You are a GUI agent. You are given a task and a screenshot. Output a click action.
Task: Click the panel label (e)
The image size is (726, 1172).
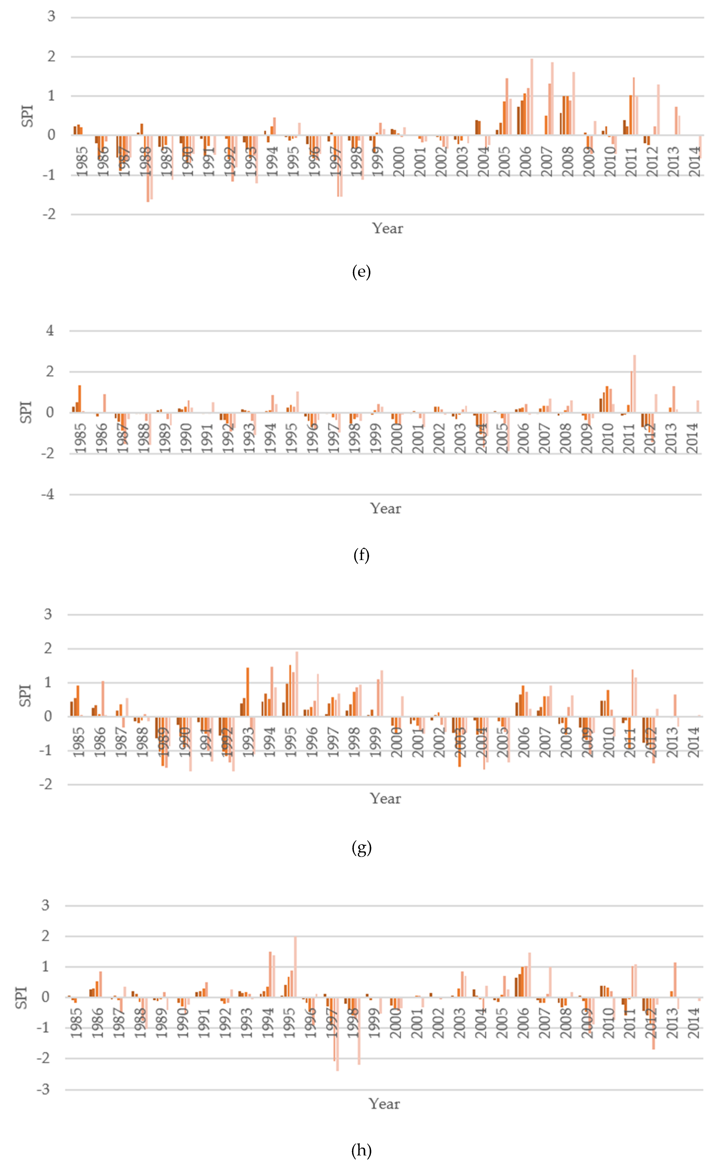coord(361,272)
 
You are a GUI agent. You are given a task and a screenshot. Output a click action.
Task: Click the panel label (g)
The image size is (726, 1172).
coord(361,848)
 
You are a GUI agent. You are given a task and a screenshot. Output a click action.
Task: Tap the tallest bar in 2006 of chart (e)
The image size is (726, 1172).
coord(532,96)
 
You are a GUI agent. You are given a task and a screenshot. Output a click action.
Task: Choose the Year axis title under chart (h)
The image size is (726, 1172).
coord(384,1104)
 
